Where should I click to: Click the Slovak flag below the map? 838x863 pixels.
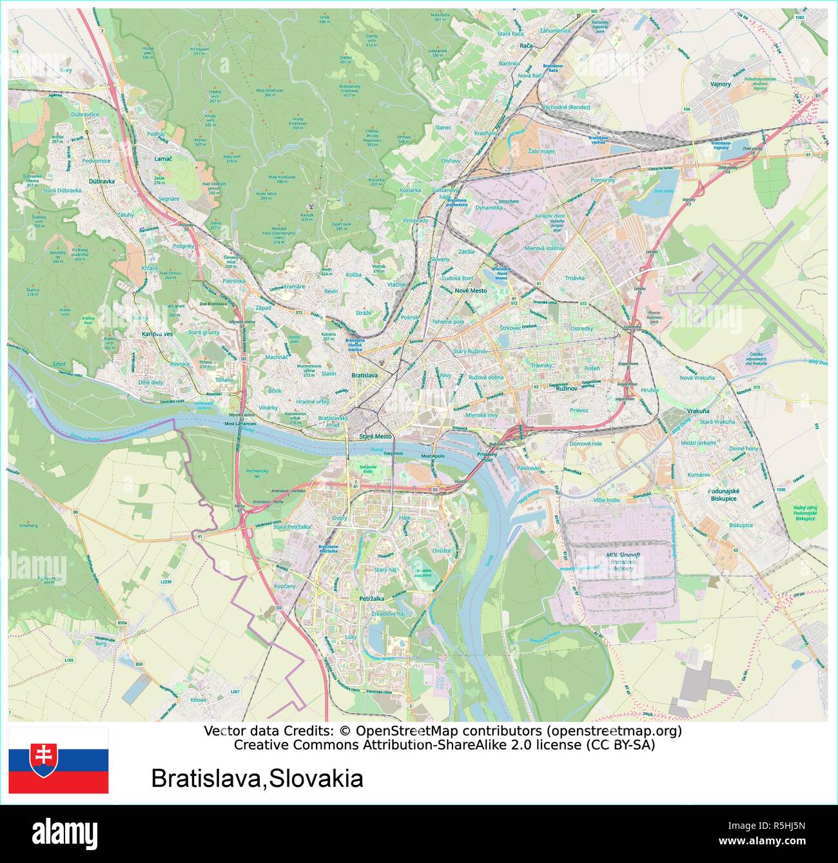coord(58,761)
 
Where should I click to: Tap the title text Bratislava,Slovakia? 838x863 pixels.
coord(257,779)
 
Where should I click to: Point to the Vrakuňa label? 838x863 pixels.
coord(697,411)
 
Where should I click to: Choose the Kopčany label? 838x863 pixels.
coord(284,586)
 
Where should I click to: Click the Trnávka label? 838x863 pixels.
coord(574,278)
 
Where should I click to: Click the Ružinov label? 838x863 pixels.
coord(566,389)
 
